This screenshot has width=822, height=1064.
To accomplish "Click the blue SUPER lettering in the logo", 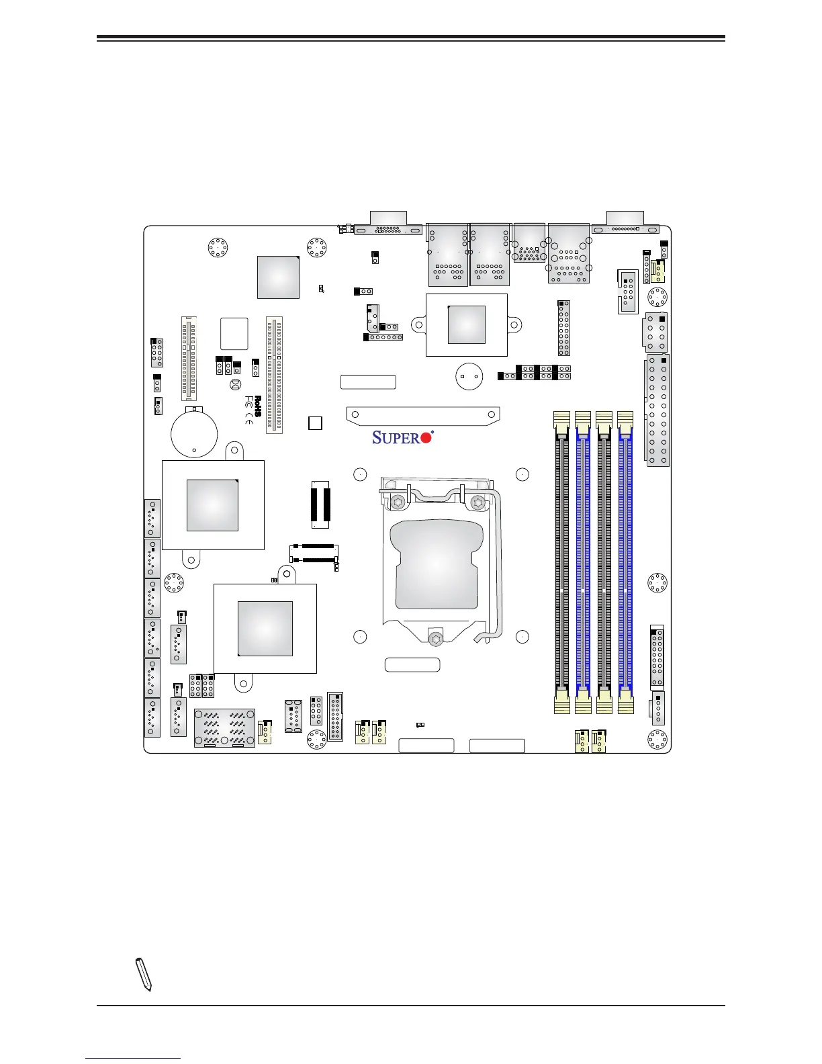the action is (x=396, y=438).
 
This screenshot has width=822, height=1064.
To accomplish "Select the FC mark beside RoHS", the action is (x=249, y=402).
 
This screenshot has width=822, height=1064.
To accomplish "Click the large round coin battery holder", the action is (x=194, y=433).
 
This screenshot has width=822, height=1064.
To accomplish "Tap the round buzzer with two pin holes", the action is (x=469, y=376).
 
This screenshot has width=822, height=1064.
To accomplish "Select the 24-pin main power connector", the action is (x=658, y=410).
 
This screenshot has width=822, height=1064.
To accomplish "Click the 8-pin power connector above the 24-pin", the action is (x=655, y=332).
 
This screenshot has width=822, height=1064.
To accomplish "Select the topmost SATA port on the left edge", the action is (x=152, y=518).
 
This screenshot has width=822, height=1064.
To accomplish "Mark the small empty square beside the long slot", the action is (x=315, y=423).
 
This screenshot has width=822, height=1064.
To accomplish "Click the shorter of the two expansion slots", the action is (x=189, y=359).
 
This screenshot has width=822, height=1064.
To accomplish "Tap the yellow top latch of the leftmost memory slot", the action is (x=562, y=420).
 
